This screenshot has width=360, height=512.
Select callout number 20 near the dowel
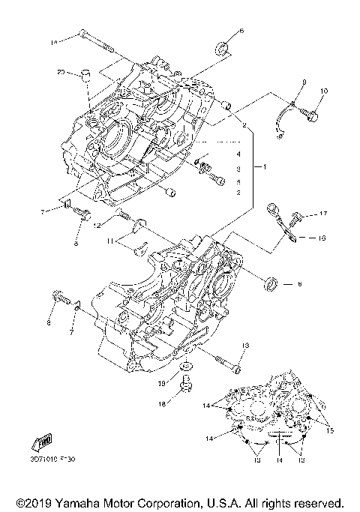tap(60, 72)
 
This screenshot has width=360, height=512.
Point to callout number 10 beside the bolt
tap(324, 92)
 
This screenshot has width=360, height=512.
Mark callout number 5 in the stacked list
tap(238, 182)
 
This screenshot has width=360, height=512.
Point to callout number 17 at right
tap(324, 214)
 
